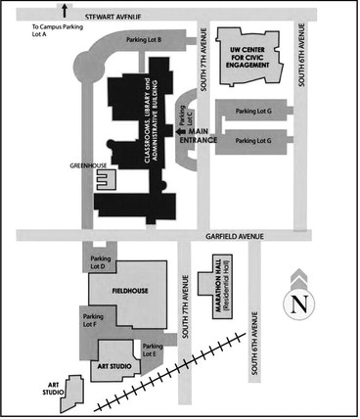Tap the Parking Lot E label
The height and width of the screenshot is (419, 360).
152,351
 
